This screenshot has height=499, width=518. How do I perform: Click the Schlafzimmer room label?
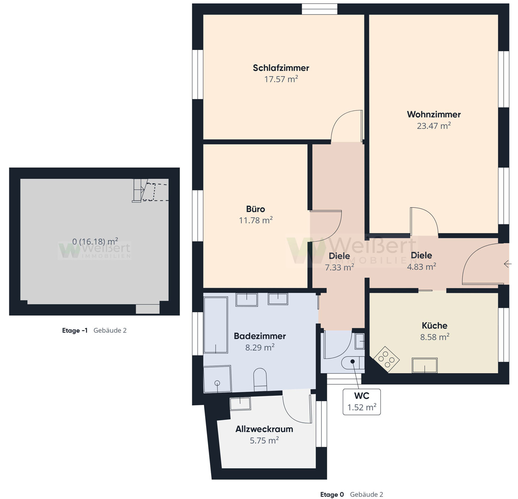281,68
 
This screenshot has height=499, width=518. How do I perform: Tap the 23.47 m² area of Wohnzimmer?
434,126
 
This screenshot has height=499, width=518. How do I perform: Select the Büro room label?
255,209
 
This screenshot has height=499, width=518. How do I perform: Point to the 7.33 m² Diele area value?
339,267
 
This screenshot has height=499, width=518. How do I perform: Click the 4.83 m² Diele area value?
421,267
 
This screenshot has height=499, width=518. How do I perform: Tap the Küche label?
434,326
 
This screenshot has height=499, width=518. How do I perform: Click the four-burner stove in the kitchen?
386,359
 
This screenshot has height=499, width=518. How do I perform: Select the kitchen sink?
425,365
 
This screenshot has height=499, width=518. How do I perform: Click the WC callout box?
361,402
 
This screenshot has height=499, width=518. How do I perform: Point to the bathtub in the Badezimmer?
215,325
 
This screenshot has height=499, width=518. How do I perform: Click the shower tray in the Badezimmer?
217,379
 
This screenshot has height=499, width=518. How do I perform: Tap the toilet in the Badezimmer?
260,379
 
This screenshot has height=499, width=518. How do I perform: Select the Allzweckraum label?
264,429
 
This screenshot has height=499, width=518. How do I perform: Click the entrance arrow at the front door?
507,264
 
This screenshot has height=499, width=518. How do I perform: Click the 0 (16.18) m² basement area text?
95,242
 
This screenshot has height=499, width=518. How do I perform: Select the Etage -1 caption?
75,330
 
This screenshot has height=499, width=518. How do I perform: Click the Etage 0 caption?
332,495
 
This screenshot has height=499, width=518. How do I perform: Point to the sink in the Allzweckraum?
240,403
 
